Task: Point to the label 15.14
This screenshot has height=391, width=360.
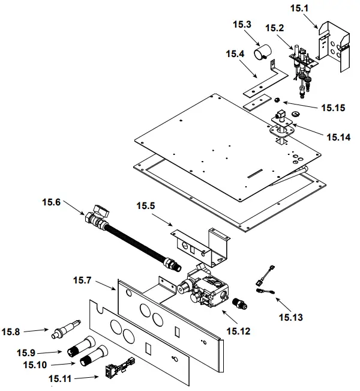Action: [x=337, y=137]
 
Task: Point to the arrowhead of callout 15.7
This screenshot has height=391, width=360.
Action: [x=118, y=290]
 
